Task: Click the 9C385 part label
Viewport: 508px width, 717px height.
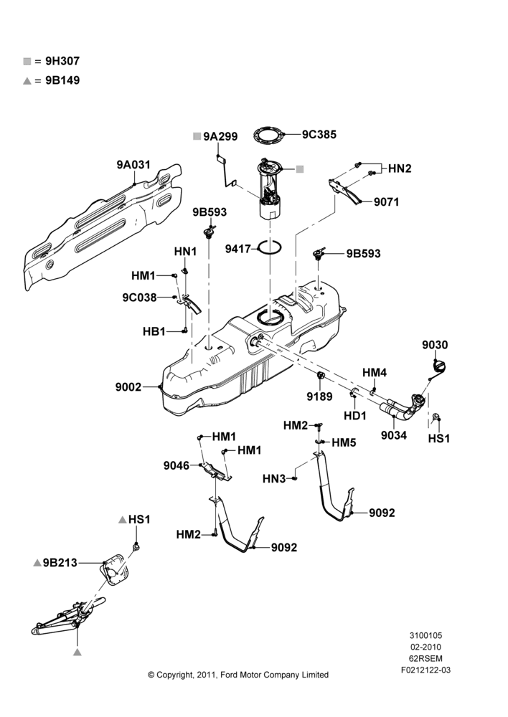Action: point(319,135)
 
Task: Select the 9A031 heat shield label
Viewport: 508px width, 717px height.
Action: point(133,165)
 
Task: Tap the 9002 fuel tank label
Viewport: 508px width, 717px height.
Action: point(128,387)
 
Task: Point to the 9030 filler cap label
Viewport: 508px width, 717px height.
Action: point(435,345)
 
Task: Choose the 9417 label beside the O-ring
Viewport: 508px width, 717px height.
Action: point(238,250)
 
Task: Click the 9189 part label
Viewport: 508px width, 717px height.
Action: point(319,397)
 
